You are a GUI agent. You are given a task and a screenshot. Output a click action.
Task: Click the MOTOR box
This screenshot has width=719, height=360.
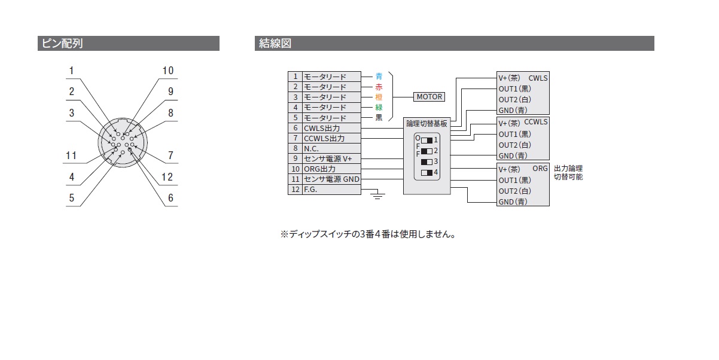coord(428,97)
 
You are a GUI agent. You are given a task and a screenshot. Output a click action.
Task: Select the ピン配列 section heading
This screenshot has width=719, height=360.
coord(60,44)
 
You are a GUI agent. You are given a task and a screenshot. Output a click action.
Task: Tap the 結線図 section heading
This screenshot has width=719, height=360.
coord(275,44)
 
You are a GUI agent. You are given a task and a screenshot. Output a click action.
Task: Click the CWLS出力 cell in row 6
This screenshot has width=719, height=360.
coord(331,128)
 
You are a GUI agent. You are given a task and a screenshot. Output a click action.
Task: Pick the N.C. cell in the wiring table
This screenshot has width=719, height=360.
coord(331,148)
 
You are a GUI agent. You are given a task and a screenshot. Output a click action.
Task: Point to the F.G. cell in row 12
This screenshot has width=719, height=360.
coord(331,190)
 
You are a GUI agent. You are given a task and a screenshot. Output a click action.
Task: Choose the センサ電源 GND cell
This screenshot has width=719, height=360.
coord(331,179)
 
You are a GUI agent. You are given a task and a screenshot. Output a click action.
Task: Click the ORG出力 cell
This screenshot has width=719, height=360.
coord(331,169)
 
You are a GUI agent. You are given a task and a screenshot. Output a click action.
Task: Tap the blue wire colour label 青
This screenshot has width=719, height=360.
coord(379,77)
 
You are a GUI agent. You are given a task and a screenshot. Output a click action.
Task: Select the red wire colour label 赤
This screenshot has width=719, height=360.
coord(379,87)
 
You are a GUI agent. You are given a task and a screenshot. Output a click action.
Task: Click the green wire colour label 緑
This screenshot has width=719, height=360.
coord(379,108)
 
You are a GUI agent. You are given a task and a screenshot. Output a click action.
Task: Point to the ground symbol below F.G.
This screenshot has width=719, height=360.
coord(377,194)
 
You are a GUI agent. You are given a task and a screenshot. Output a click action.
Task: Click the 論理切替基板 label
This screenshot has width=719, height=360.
coord(426,124)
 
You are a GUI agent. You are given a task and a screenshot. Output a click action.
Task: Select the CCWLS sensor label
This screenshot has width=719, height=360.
coord(535,123)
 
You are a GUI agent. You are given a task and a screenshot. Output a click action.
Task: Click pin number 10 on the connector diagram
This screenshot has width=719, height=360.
coord(168,71)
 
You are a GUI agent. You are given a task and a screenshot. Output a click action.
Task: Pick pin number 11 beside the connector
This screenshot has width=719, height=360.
coord(72,156)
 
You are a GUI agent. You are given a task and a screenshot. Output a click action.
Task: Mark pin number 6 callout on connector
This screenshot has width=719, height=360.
coord(170,198)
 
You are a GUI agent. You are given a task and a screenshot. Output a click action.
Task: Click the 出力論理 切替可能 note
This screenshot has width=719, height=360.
coord(568,173)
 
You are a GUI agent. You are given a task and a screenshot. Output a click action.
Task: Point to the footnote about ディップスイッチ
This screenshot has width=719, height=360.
coord(368,234)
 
